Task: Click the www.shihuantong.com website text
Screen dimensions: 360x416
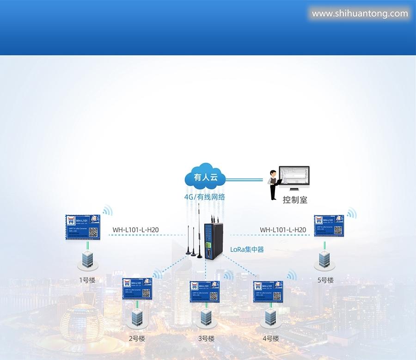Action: pos(360,13)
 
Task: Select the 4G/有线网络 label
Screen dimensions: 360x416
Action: pos(205,197)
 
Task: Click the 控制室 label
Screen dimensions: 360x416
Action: pos(295,200)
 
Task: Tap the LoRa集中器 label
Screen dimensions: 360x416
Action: pos(247,250)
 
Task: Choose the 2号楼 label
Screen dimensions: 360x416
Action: pos(137,338)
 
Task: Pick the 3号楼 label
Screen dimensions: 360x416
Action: pos(206,338)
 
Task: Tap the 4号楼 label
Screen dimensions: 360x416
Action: pos(271,338)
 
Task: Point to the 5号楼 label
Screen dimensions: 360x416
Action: pos(325,280)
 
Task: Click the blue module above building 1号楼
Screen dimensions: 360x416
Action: pos(83,227)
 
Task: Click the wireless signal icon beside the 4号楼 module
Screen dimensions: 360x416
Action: pos(291,276)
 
